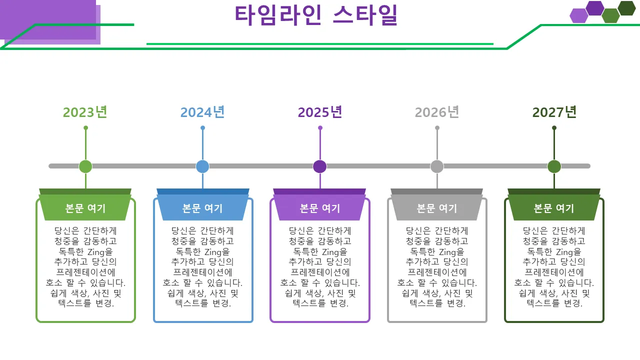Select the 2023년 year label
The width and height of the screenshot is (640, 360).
click(x=85, y=112)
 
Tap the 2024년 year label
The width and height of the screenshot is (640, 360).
click(x=202, y=112)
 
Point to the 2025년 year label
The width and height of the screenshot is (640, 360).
click(x=320, y=112)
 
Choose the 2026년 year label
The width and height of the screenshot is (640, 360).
click(x=437, y=112)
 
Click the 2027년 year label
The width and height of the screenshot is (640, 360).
click(x=554, y=112)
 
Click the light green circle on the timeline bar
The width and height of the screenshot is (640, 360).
click(x=85, y=166)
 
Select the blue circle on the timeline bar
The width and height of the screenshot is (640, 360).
click(x=202, y=166)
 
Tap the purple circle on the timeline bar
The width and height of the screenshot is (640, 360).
click(x=320, y=166)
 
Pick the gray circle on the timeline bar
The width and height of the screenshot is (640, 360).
click(x=437, y=166)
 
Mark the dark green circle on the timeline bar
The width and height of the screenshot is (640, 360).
click(x=554, y=166)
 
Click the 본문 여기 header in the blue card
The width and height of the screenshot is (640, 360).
click(x=202, y=208)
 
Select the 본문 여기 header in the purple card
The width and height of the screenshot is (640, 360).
click(x=320, y=208)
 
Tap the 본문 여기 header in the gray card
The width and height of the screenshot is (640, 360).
click(x=437, y=208)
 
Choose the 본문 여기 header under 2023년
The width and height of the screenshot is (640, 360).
click(x=85, y=208)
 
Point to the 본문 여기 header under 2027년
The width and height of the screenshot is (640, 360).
click(x=554, y=208)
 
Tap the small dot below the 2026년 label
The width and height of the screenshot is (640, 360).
click(x=437, y=128)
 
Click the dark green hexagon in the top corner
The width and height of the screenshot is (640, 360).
click(x=626, y=8)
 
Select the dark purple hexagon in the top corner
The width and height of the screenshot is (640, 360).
click(x=595, y=8)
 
